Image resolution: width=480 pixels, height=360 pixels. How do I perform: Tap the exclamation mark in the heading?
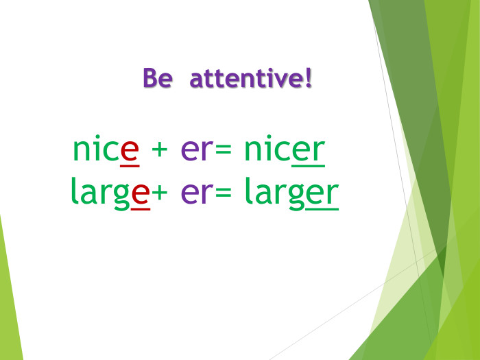(308, 77)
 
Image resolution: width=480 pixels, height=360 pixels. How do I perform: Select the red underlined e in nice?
(130, 151)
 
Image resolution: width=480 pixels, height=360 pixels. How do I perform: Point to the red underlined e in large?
(141, 193)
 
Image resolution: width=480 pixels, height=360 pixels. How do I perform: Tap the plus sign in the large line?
(160, 194)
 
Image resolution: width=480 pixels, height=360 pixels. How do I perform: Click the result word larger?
(291, 193)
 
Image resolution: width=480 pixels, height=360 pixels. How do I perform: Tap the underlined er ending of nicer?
(308, 152)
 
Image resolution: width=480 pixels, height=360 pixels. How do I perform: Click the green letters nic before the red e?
(95, 150)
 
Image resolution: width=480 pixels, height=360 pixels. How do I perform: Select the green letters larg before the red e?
(100, 193)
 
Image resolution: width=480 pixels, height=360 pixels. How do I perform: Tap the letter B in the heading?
(149, 78)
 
